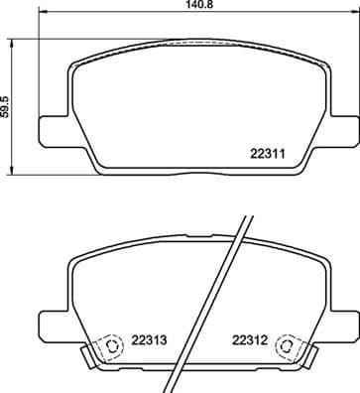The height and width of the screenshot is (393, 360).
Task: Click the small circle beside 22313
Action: [111, 346]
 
